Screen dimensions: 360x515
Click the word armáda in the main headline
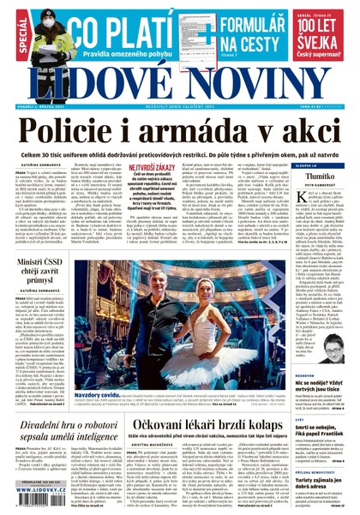[x=211, y=130]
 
